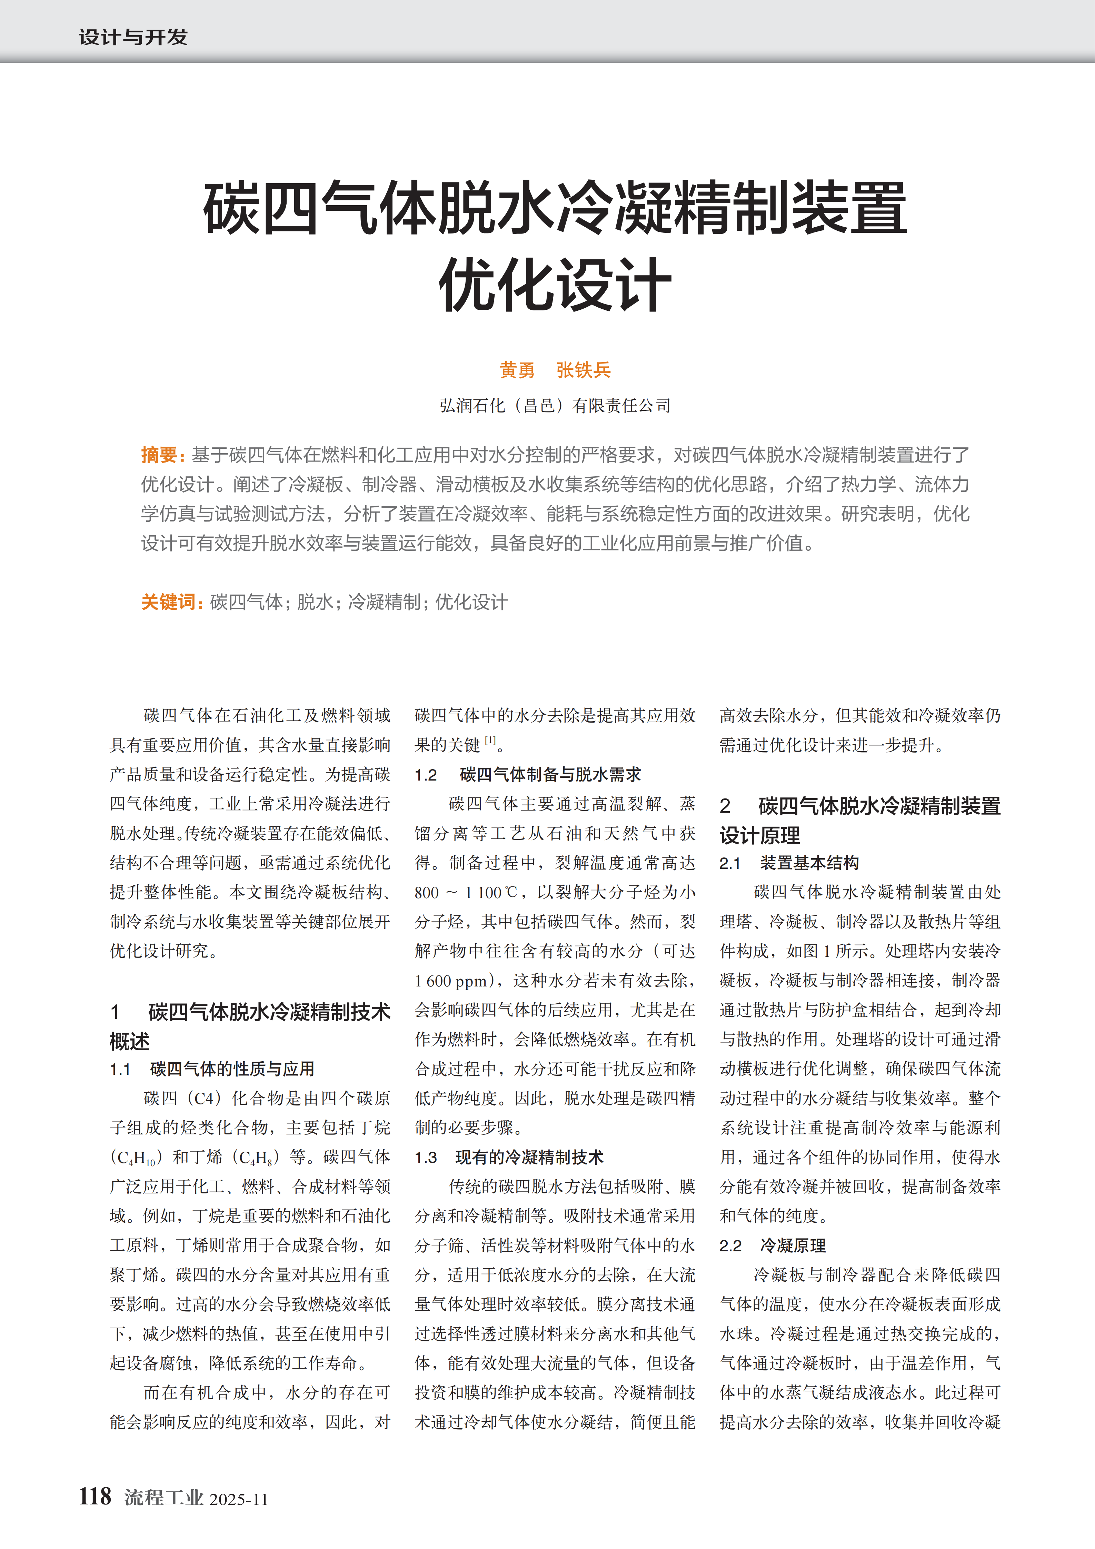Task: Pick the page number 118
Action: (95, 1496)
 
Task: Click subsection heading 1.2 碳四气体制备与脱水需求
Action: (528, 775)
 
